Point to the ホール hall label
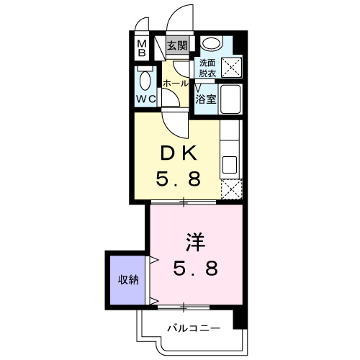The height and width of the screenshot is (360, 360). tap(175, 84)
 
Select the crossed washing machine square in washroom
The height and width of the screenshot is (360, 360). tap(232, 68)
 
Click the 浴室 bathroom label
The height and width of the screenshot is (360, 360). tap(207, 99)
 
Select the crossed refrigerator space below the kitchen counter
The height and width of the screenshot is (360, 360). tap(230, 189)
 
